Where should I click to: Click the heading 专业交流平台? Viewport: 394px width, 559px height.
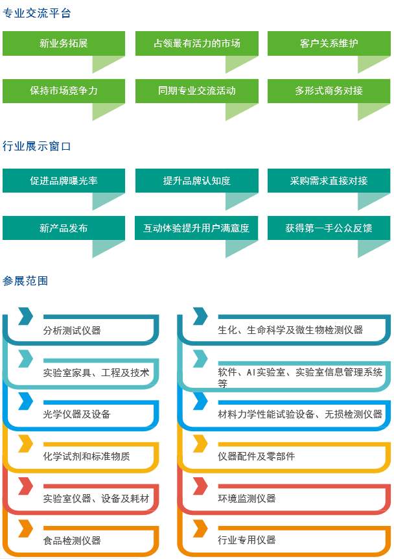click(x=37, y=13)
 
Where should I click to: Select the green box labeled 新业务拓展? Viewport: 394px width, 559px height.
click(x=64, y=43)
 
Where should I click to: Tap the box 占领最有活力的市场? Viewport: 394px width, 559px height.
click(x=196, y=43)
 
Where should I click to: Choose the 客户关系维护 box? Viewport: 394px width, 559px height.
click(x=329, y=43)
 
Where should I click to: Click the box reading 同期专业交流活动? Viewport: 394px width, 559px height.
click(x=196, y=91)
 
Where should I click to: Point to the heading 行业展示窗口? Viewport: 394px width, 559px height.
click(x=37, y=147)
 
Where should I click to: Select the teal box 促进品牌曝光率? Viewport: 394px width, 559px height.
click(x=64, y=181)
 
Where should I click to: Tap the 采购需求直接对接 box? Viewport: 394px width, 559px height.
click(x=329, y=181)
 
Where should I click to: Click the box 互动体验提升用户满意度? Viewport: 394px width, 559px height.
click(x=196, y=228)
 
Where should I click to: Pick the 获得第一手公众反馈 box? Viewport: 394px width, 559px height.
click(x=329, y=228)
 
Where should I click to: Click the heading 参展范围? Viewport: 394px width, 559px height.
click(x=25, y=281)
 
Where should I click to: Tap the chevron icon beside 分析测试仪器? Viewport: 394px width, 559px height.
click(x=25, y=316)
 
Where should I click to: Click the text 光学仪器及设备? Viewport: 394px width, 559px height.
click(x=76, y=414)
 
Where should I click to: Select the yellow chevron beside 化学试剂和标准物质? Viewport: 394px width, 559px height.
click(x=25, y=444)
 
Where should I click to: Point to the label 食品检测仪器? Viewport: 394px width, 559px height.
click(x=72, y=540)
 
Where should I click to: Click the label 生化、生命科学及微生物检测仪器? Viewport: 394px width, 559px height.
click(x=290, y=330)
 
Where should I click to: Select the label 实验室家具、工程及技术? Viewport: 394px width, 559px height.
click(x=96, y=373)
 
